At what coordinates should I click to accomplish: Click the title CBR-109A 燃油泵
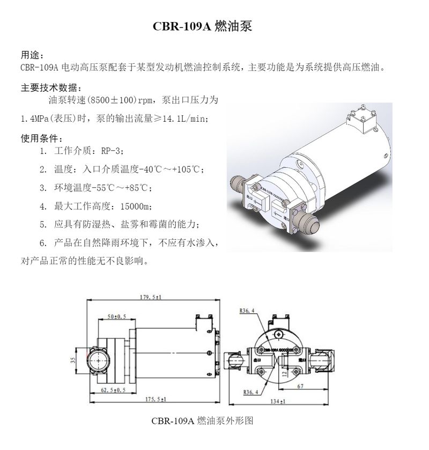coord(202,26)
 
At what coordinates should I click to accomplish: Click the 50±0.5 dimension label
coord(116,317)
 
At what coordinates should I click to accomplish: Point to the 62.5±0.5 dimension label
coord(114,390)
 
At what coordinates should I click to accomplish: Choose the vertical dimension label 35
coord(73,361)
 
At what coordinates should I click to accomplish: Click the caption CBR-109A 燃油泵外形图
coord(202,422)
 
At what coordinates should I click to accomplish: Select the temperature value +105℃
coord(186,170)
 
